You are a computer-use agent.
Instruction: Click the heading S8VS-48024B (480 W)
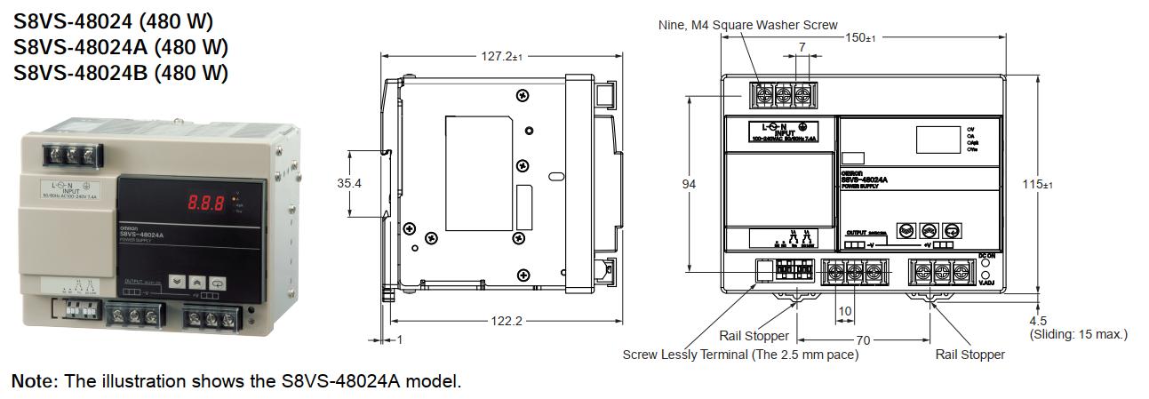click(121, 73)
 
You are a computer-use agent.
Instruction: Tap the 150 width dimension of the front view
click(860, 38)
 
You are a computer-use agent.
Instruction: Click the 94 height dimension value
click(690, 184)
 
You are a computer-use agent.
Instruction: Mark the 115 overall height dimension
click(1036, 184)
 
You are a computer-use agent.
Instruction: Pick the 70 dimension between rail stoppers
click(861, 339)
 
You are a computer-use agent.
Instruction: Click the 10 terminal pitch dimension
click(844, 312)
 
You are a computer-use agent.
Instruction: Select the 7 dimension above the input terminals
click(802, 45)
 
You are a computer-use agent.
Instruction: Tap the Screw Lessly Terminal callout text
click(740, 355)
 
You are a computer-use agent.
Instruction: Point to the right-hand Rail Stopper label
click(969, 355)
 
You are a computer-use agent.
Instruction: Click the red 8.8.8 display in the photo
click(204, 203)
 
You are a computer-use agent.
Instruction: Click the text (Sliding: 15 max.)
click(1078, 334)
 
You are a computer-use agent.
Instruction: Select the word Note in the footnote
click(32, 381)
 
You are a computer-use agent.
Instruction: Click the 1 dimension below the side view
click(400, 339)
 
